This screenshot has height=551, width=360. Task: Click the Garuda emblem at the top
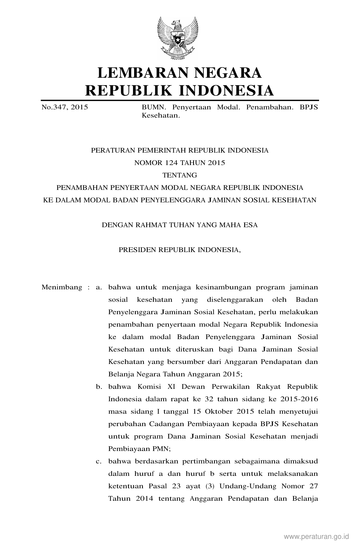click(x=178, y=38)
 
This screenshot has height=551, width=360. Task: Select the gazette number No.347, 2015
click(x=65, y=107)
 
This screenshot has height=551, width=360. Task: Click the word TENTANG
click(x=180, y=175)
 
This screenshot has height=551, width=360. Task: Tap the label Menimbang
click(x=62, y=288)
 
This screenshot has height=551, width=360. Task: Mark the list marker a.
click(x=99, y=288)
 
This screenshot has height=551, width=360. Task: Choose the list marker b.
click(x=99, y=387)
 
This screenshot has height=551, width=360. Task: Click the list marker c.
click(x=99, y=461)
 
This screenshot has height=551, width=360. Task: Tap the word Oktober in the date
click(x=220, y=412)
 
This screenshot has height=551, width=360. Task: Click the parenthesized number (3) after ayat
click(x=210, y=486)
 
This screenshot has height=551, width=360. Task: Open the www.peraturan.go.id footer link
click(x=317, y=536)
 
